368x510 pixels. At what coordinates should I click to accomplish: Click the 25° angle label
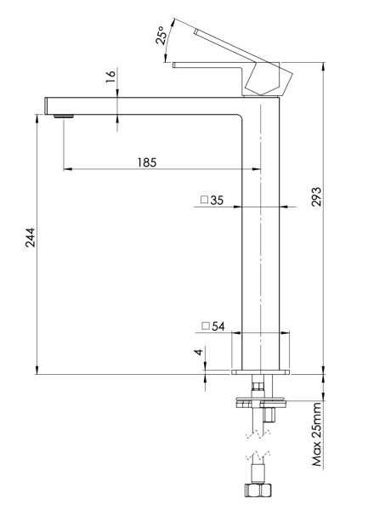coord(161,35)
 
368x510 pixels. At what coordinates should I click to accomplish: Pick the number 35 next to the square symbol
coord(217,201)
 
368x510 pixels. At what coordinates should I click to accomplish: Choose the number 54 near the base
coord(217,326)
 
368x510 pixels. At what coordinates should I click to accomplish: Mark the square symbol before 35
coord(204,201)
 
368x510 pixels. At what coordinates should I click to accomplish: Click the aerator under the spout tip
coord(60,116)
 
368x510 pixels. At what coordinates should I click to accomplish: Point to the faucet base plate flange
coord(261,372)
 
